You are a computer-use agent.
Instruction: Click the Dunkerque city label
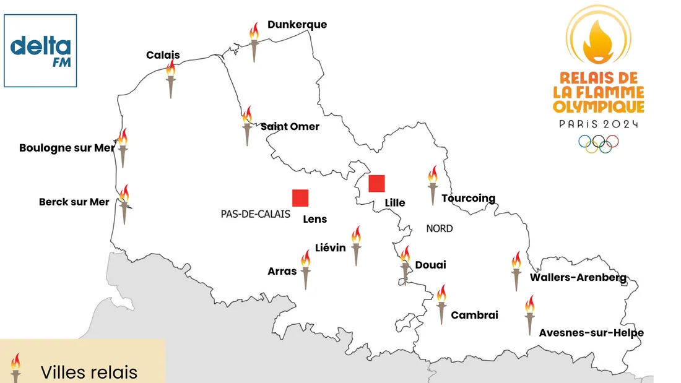[297, 25]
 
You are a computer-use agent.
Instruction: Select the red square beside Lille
[376, 184]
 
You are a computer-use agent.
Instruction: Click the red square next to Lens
[300, 197]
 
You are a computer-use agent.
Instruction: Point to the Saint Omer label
[290, 126]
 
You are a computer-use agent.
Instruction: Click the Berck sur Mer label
[74, 202]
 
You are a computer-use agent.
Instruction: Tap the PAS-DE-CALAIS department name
[255, 214]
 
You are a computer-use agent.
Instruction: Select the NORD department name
[440, 228]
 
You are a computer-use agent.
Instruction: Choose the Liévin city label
[331, 247]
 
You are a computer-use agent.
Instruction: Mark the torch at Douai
[405, 264]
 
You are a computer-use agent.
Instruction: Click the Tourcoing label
[469, 199]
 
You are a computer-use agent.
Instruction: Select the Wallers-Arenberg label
[578, 277]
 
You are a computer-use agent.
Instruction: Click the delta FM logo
[41, 51]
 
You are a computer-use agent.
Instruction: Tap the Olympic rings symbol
[599, 144]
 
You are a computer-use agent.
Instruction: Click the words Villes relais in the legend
[89, 372]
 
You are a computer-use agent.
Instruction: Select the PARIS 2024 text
[599, 124]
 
